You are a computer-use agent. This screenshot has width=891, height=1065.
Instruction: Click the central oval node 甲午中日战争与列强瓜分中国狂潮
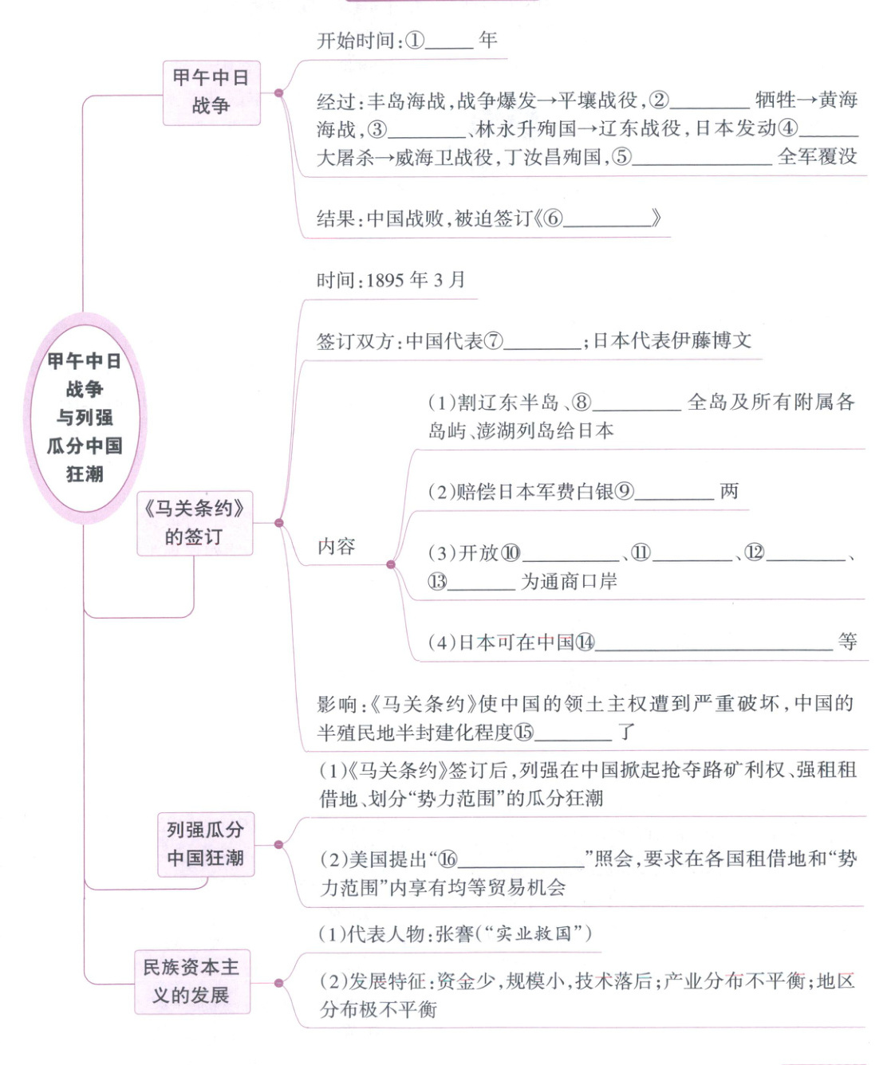(84, 417)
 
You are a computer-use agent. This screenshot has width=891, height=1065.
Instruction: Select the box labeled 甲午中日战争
(211, 92)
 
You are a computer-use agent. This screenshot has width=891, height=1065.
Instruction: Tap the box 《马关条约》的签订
(194, 522)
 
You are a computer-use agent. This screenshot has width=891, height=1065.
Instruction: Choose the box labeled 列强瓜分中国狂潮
(205, 844)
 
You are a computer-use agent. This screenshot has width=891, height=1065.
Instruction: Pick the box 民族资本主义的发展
(191, 981)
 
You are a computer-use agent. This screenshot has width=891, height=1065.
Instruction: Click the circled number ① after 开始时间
(415, 40)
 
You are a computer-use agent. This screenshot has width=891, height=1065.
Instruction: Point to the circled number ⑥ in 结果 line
(553, 218)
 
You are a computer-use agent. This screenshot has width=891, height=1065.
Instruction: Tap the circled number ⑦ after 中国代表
(494, 341)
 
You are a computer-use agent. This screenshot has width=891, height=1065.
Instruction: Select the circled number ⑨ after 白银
(624, 492)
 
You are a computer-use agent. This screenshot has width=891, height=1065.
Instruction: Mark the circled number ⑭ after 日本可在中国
(585, 643)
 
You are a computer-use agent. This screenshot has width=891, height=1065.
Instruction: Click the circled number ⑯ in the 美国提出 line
(448, 859)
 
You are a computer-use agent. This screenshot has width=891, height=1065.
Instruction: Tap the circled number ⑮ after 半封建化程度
(523, 732)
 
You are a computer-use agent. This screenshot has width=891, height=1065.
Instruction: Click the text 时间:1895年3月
(390, 280)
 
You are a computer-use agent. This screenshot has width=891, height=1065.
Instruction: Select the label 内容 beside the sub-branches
(336, 547)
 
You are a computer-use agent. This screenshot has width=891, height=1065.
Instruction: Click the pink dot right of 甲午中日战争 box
(278, 92)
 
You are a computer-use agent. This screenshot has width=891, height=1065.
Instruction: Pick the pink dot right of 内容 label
(390, 564)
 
